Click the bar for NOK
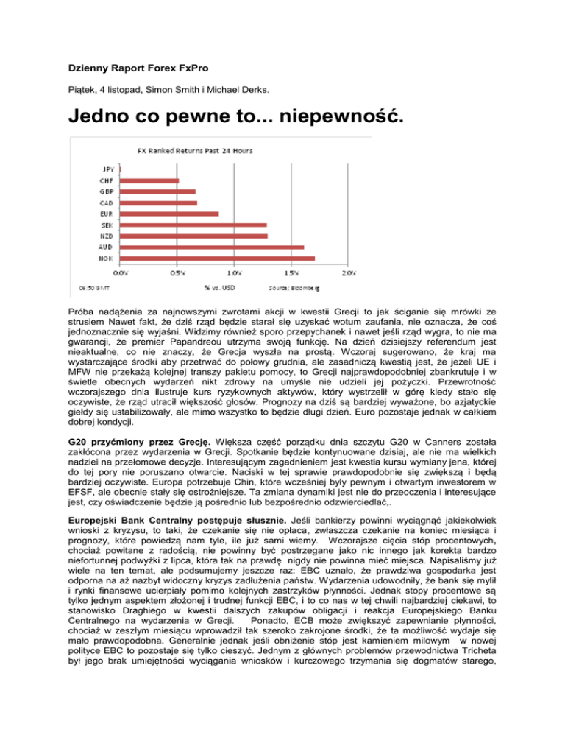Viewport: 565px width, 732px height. (217, 258)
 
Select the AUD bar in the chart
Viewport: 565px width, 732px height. (212, 247)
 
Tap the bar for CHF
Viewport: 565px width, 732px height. (149, 180)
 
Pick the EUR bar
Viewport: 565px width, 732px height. (169, 214)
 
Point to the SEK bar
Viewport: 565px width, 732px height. (193, 225)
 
